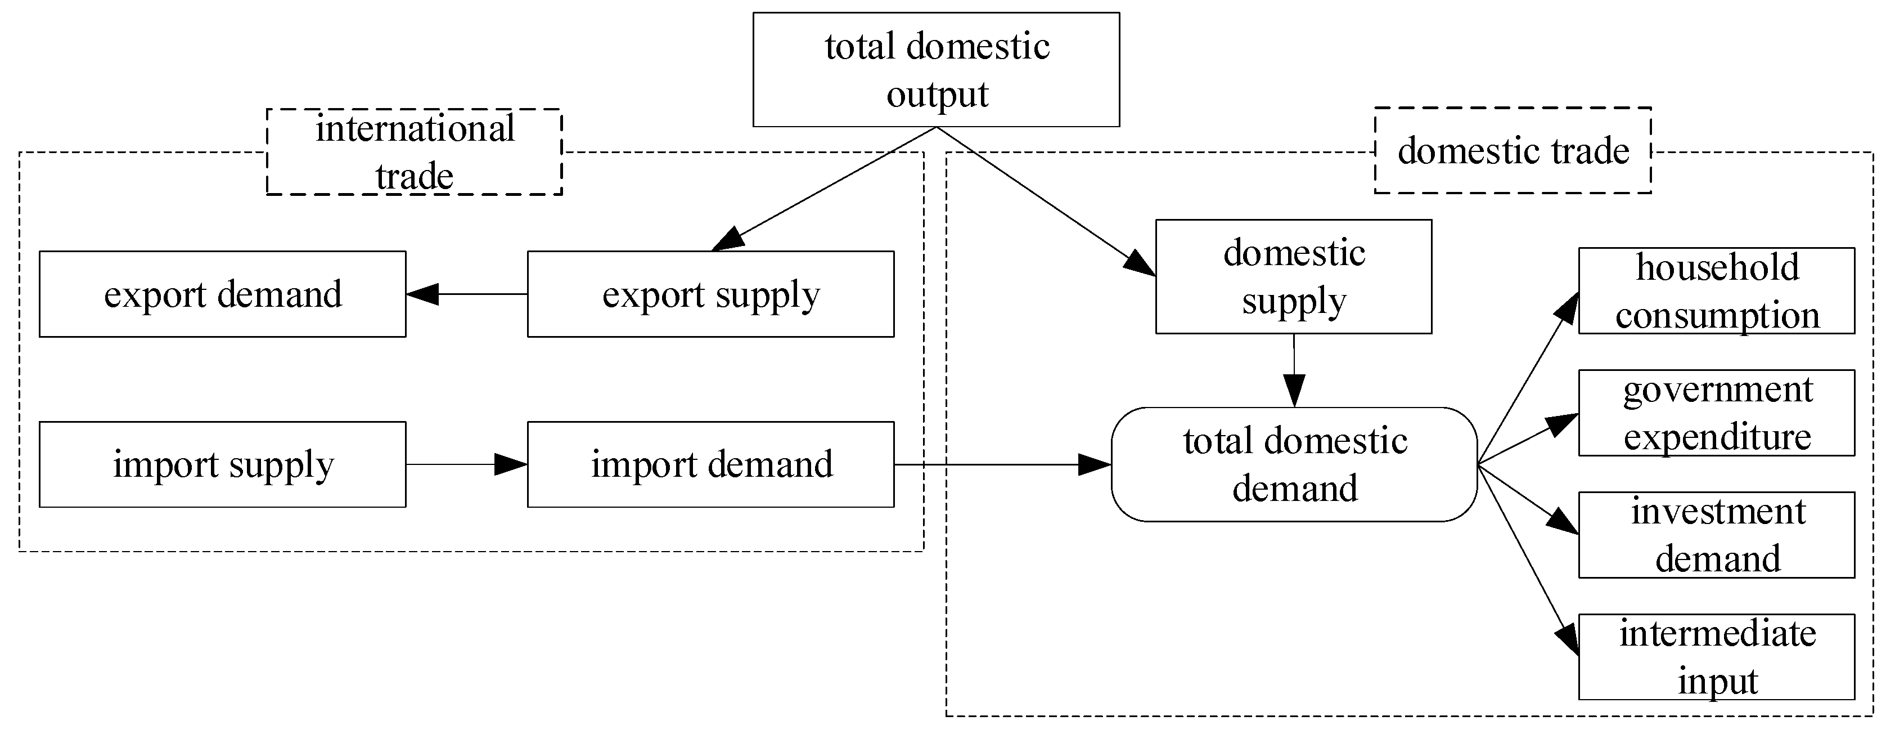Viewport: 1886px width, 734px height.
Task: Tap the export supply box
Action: pos(710,294)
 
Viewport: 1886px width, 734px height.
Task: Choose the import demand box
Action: pos(710,464)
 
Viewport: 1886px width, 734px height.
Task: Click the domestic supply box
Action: pos(1293,277)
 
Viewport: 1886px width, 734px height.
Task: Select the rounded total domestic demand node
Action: pos(1294,464)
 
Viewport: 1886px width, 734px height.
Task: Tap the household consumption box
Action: pos(1716,291)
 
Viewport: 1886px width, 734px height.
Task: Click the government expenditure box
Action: pos(1716,413)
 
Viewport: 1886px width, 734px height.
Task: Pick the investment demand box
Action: pos(1716,535)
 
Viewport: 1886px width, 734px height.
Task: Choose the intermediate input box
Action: pos(1716,657)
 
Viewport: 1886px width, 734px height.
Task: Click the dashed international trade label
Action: pos(415,151)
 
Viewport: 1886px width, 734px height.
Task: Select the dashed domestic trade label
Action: pos(1513,151)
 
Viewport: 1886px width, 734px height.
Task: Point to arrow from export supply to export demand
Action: pos(469,294)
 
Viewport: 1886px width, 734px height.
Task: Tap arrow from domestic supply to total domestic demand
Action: pos(1294,370)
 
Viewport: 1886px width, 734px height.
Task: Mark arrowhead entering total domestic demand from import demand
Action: pos(1095,464)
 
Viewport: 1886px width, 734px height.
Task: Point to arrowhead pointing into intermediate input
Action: pos(1568,639)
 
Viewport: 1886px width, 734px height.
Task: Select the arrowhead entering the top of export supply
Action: pos(728,240)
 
